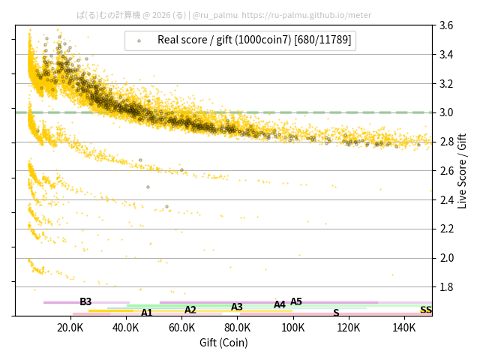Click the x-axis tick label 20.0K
tap(70, 328)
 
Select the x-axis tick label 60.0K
tap(181, 328)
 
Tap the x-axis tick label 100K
tap(293, 328)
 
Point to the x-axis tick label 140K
tap(404, 328)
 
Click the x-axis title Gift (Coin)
tap(223, 343)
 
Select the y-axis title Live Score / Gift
tap(462, 171)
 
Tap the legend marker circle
tap(139, 40)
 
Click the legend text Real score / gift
tap(202, 40)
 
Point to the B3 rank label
tap(85, 302)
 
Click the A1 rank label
tap(147, 313)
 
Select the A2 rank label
tap(190, 310)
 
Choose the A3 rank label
tap(237, 307)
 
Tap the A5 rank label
tap(296, 302)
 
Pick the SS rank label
tap(425, 310)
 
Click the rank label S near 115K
tap(336, 313)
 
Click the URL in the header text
tap(307, 14)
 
